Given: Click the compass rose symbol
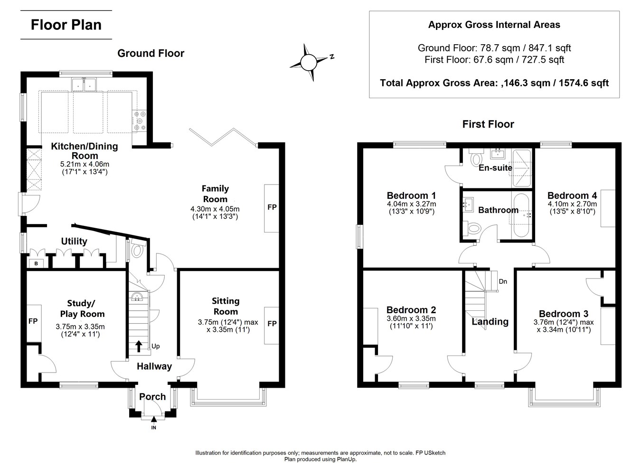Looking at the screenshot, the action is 308,62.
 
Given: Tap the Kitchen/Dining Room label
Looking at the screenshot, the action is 85,150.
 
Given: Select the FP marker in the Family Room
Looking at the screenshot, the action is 272,207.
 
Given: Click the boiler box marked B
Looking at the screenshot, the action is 36,263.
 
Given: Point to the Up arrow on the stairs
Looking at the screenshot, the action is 139,345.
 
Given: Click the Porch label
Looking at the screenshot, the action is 152,397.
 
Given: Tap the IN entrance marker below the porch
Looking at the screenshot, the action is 153,428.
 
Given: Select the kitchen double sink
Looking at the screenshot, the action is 85,84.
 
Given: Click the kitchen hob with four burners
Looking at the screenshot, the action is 141,120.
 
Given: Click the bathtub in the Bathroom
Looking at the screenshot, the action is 522,216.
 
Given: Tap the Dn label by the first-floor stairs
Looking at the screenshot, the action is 503,281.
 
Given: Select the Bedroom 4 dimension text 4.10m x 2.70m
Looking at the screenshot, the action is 572,204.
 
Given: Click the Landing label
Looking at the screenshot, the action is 490,322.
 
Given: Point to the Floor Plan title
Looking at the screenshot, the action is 66,25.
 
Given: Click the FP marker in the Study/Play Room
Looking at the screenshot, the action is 33,321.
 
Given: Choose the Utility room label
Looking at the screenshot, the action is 74,242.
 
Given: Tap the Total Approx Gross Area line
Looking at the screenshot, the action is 494,83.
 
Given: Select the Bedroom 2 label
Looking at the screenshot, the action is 411,310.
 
